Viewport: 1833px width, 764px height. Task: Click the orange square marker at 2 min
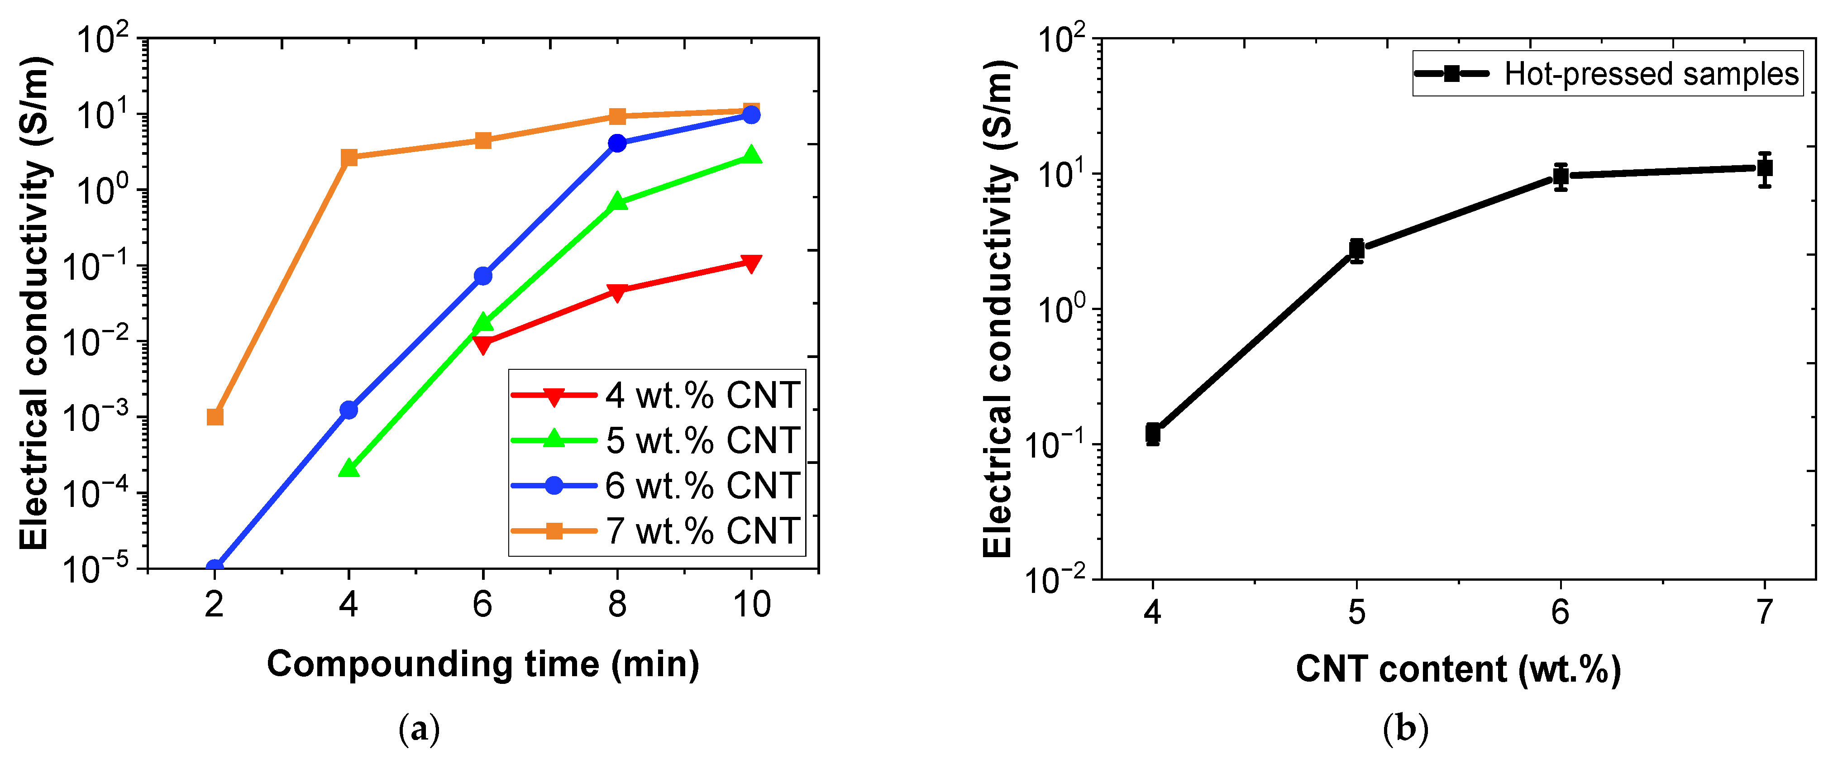[215, 416]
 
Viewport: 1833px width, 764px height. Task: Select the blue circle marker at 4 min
[348, 410]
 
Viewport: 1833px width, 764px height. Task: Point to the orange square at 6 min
[483, 140]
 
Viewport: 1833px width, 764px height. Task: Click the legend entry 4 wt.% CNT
[702, 395]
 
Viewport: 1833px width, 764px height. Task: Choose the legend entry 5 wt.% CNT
[702, 440]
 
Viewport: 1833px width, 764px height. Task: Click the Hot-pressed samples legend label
[1651, 74]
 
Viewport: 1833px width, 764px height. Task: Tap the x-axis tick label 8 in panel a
[617, 605]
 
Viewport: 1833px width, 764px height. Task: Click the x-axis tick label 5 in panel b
[1357, 612]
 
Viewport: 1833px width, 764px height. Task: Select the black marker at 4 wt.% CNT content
[1153, 433]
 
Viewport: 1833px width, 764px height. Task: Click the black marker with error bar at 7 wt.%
[1765, 168]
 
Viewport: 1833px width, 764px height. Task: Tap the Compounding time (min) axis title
[483, 664]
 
